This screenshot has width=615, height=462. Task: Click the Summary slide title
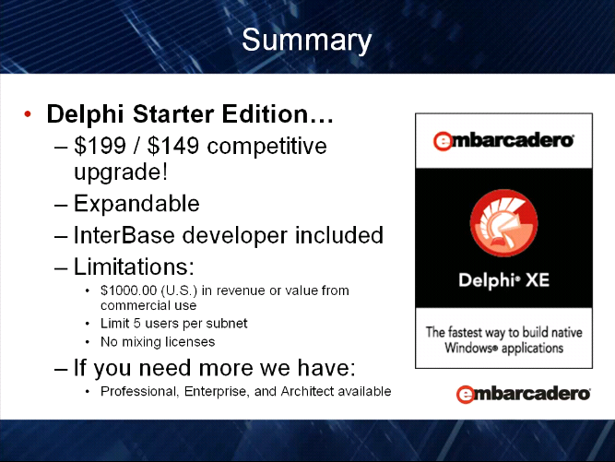(306, 41)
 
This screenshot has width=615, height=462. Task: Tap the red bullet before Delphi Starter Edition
(28, 114)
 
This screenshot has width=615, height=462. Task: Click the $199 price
(100, 146)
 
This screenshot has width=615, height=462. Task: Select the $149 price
(173, 146)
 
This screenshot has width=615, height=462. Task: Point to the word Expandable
(136, 204)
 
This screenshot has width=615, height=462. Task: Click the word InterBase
(124, 235)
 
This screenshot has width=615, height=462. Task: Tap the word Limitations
(134, 267)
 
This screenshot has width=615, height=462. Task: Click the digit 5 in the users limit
(136, 324)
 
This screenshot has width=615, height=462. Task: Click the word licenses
(190, 341)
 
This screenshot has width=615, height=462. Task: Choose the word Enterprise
(217, 391)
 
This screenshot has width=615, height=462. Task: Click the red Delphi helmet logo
(504, 223)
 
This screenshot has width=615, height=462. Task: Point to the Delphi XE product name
(504, 280)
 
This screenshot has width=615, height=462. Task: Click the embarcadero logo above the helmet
(503, 140)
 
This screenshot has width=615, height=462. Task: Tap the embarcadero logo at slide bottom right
(523, 394)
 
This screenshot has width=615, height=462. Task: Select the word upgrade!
(121, 172)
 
